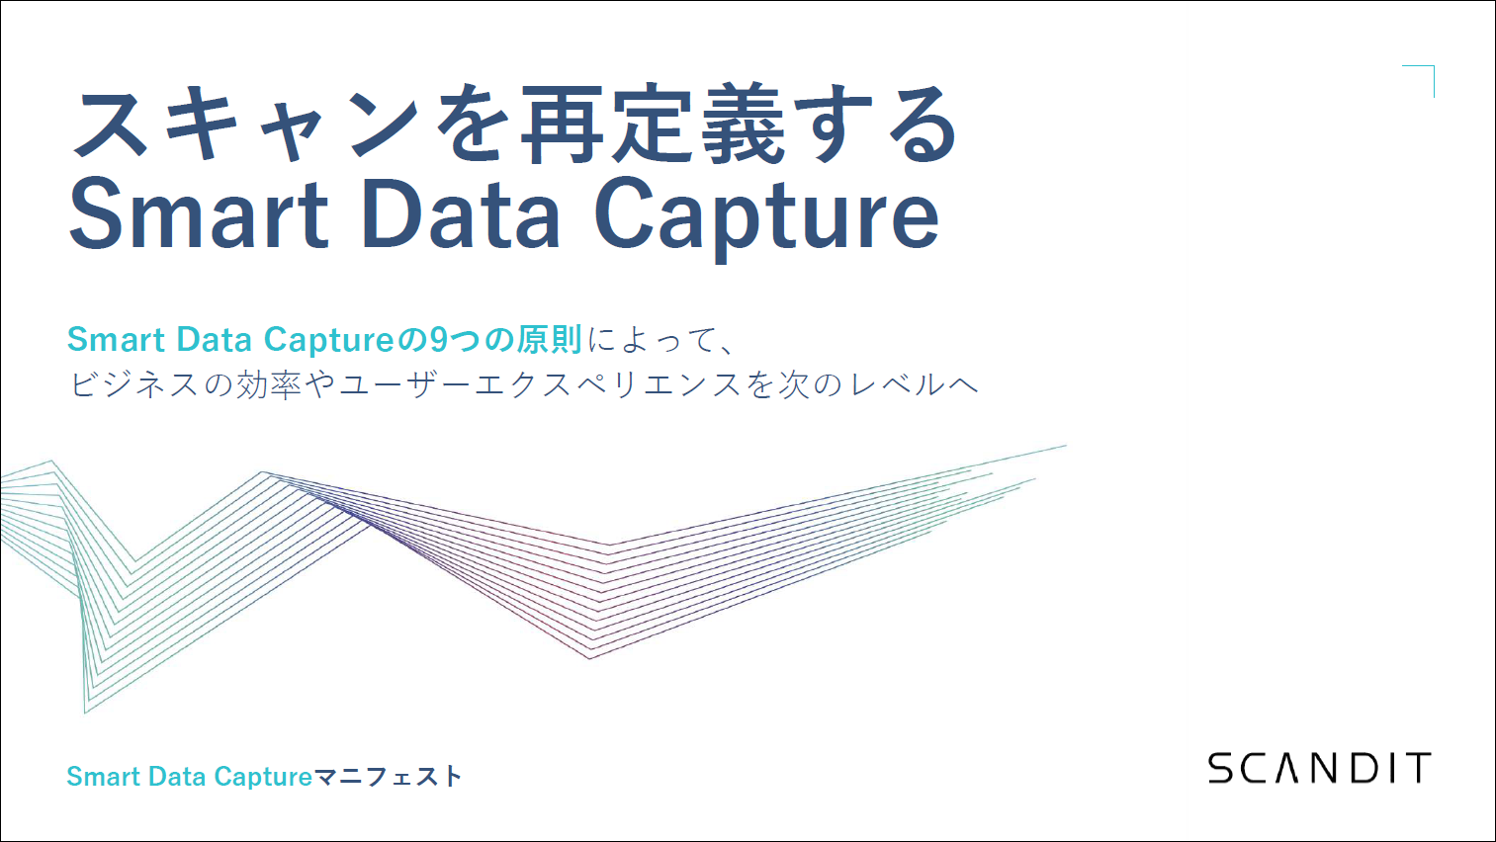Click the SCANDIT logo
(x=1320, y=768)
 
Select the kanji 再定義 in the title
(x=653, y=125)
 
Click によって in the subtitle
(x=651, y=340)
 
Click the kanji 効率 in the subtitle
(x=269, y=384)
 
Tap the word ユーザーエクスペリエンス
(x=541, y=384)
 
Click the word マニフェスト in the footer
(x=388, y=777)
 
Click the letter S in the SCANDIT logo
(x=1222, y=768)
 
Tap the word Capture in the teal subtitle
(x=330, y=341)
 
